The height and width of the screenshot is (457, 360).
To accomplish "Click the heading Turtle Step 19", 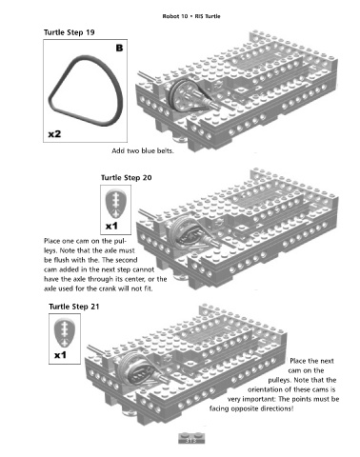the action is [x=69, y=32].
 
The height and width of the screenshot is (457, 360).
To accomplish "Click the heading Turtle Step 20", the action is [x=127, y=177].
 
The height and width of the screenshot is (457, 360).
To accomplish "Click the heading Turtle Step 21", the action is [x=74, y=307].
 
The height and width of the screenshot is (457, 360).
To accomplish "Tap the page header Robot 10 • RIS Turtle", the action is [x=191, y=16].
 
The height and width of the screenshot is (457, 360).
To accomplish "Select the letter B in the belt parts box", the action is [x=119, y=49].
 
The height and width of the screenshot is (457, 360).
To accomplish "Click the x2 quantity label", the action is [x=54, y=134].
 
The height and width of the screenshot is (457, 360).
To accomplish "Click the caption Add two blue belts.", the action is [x=143, y=150].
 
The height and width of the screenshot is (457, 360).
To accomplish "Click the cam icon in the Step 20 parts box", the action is [x=115, y=204].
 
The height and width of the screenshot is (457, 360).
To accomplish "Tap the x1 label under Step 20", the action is [x=111, y=226].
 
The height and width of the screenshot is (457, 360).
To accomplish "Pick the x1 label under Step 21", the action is [x=60, y=355].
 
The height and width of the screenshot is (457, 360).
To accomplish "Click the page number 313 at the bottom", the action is [x=190, y=441].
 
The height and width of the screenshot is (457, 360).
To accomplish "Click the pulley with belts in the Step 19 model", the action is [x=183, y=93].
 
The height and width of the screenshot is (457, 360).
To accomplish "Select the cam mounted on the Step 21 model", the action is [x=140, y=370].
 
